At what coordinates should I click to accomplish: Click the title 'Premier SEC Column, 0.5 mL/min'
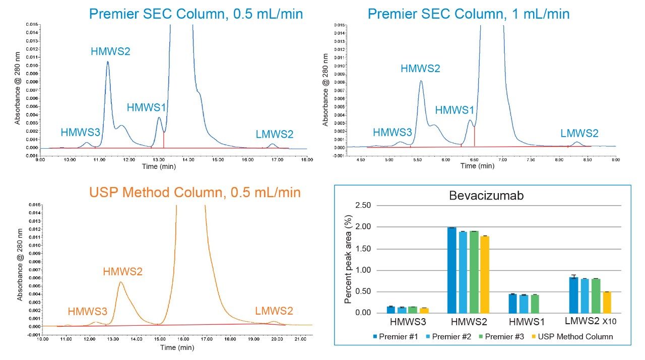coord(196,13)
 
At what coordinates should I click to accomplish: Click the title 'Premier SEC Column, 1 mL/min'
coord(469,13)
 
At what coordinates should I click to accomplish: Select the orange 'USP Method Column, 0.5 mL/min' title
coord(195,192)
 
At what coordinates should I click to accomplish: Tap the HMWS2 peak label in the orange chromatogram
coord(122,271)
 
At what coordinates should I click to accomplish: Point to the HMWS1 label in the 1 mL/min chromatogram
coord(455,110)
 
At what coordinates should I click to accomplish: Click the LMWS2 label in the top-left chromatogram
coord(274,134)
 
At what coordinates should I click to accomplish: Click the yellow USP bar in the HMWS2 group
coord(485,274)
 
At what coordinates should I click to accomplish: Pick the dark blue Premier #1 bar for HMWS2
coord(451,270)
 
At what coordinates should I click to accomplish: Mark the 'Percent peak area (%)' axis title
coord(348,259)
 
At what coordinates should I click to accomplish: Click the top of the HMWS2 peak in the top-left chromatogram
coord(107,62)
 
